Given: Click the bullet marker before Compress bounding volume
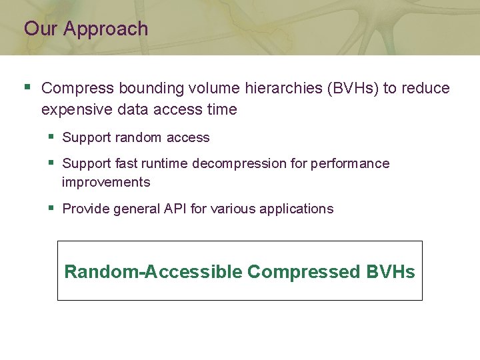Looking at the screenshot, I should (x=27, y=87).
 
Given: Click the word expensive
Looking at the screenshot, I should (x=75, y=109).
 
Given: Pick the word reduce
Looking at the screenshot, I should (x=427, y=88).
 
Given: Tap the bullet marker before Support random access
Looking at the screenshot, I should (x=51, y=137).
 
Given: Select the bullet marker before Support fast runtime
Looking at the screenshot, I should (x=51, y=163).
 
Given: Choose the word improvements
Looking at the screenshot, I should (x=106, y=182).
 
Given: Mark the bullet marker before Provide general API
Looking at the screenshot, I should (x=51, y=208).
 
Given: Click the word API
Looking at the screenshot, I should (x=175, y=209).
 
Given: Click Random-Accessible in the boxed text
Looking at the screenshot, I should (x=153, y=272).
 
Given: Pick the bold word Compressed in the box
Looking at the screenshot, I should (x=303, y=272).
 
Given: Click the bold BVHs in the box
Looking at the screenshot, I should (x=390, y=272).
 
